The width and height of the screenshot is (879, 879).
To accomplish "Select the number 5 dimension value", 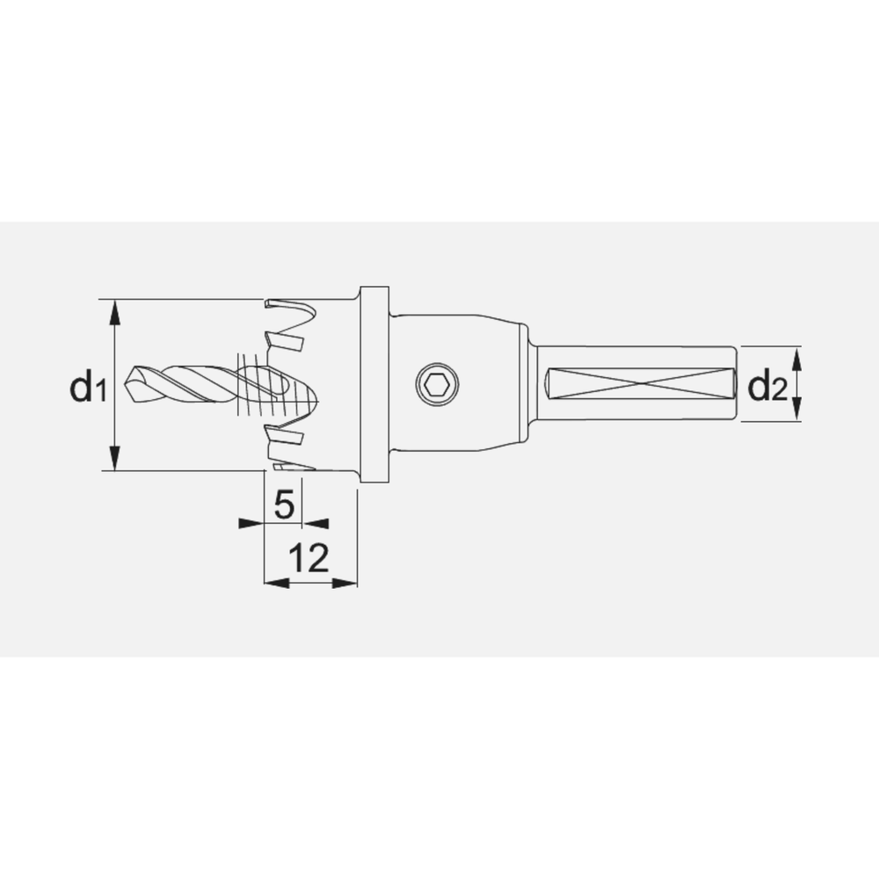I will click(283, 505).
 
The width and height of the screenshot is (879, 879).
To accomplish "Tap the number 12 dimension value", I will click(309, 558).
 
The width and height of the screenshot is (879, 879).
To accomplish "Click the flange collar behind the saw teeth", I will click(374, 384).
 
